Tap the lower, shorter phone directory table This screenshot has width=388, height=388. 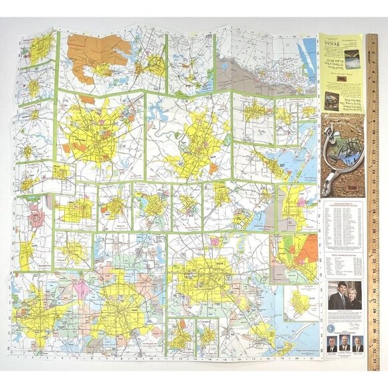click(344, 264)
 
